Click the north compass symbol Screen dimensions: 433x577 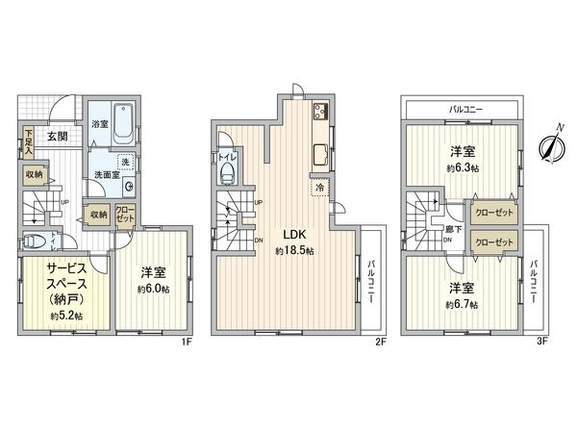click(x=550, y=146)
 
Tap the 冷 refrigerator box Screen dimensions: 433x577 click(x=318, y=188)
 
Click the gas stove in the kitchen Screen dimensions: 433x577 click(x=321, y=114)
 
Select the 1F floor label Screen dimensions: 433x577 click(x=190, y=339)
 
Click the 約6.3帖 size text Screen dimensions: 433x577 click(x=464, y=166)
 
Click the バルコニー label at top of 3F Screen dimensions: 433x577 click(x=465, y=109)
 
